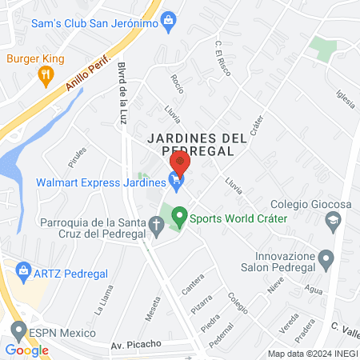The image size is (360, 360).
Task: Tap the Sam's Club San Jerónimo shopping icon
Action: click(168, 22)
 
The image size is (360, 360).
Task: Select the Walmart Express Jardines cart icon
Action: click(176, 181)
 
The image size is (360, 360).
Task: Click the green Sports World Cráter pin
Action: click(180, 216)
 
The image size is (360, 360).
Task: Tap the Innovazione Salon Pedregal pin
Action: click(326, 258)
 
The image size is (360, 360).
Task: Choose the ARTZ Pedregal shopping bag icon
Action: click(22, 272)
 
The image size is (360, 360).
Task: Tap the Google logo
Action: click(26, 350)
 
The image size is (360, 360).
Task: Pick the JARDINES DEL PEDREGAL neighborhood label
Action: click(196, 143)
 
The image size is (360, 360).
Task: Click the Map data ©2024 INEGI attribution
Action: click(311, 354)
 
